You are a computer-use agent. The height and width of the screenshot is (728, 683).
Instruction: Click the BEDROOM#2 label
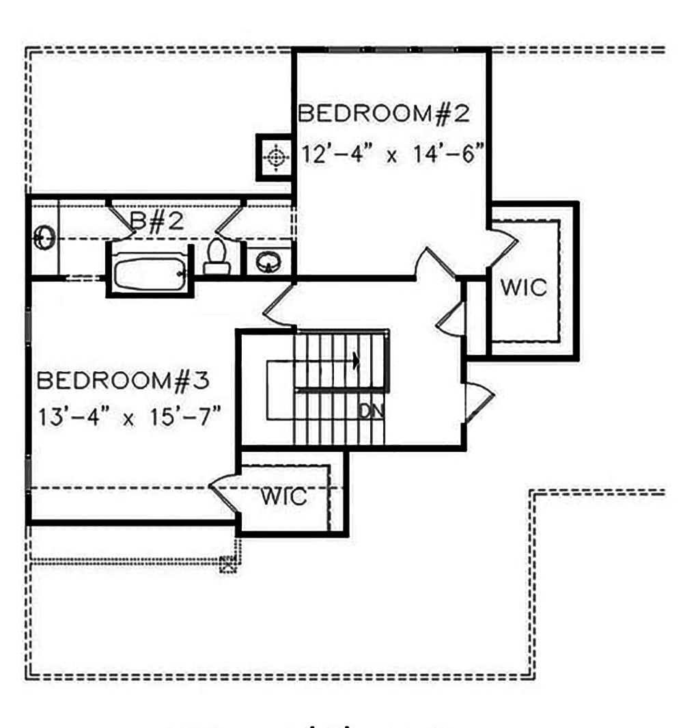point(384,113)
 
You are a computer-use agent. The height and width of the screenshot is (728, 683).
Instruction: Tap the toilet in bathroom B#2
point(217,257)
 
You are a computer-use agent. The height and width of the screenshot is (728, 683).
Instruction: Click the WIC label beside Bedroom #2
point(524,288)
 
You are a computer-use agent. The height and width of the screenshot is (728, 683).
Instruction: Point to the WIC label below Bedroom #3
point(283,497)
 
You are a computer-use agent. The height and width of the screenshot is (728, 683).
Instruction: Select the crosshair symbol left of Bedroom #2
point(275,158)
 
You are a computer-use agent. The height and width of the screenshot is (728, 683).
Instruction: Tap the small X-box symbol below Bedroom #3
point(227,564)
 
